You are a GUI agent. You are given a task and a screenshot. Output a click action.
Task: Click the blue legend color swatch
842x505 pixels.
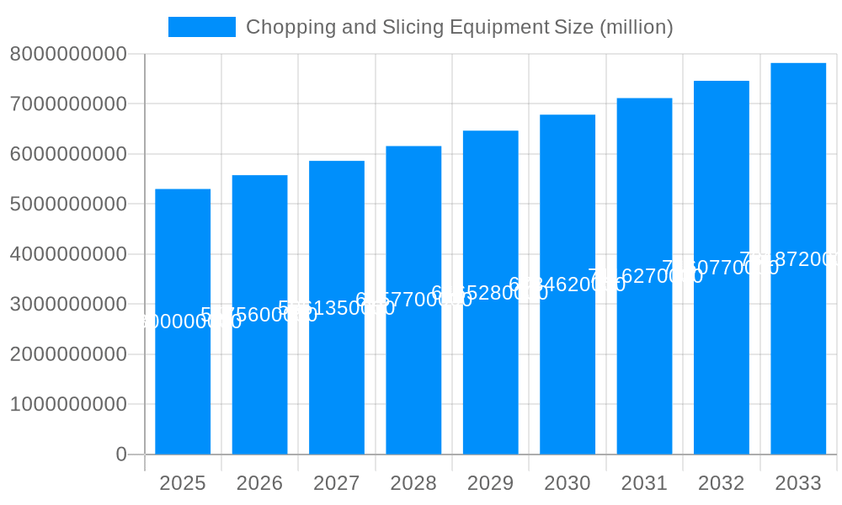point(202,27)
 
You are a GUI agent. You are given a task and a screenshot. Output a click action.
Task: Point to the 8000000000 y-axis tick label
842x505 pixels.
point(68,54)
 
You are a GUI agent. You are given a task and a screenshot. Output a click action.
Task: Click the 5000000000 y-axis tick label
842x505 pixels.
point(68,204)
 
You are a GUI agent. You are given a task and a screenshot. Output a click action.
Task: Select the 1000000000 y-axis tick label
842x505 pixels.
point(68,404)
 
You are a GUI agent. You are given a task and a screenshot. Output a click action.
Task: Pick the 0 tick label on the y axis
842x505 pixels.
point(120,454)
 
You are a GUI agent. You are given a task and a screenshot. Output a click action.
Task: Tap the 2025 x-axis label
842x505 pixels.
point(183,483)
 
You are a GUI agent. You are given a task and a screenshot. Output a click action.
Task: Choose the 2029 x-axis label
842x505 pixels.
point(490,483)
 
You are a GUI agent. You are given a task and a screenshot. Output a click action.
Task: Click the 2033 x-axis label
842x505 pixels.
point(798,483)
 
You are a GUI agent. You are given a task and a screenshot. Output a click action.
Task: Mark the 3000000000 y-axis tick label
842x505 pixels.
point(68,304)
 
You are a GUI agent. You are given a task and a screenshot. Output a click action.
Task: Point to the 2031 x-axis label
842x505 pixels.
point(644,483)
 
